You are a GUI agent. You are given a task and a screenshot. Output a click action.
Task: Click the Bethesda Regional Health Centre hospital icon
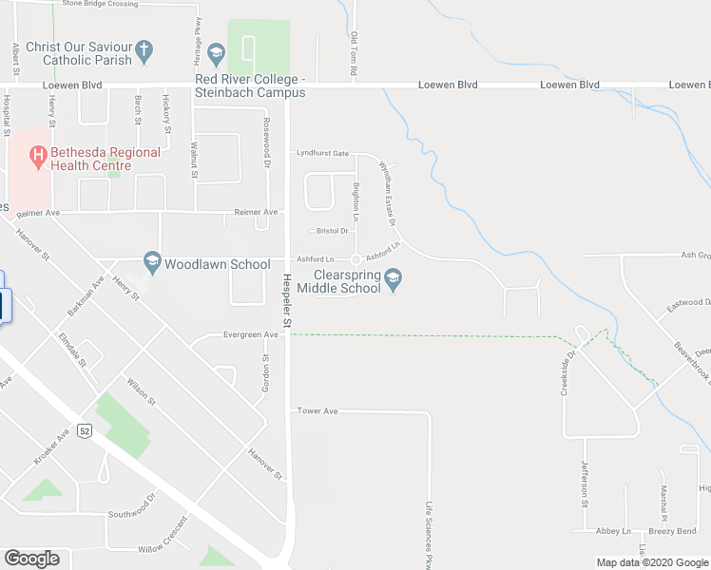(38, 154)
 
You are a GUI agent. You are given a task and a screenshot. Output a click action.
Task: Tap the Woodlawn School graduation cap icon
(151, 260)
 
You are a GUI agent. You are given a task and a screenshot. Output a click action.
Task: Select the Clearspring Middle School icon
(395, 278)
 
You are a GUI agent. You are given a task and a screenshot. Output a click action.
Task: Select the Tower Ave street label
(317, 411)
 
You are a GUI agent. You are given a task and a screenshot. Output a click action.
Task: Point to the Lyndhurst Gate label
(322, 153)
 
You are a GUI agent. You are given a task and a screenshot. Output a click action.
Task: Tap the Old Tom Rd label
(354, 54)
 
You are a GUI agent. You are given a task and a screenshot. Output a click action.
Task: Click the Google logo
(31, 559)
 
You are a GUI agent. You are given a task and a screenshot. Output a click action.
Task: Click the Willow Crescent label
(163, 549)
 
